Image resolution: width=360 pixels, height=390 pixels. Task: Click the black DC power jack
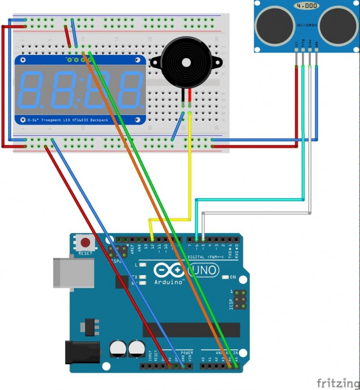coord(82,352)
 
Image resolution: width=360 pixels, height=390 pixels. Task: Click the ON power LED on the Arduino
coord(226,277)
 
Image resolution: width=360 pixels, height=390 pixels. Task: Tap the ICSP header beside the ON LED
coord(239,300)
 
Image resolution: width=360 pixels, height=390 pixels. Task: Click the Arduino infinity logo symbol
coord(169,271)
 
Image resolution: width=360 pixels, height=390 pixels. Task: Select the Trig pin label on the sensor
coord(303,44)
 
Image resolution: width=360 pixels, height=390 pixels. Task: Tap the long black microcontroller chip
coord(191,330)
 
